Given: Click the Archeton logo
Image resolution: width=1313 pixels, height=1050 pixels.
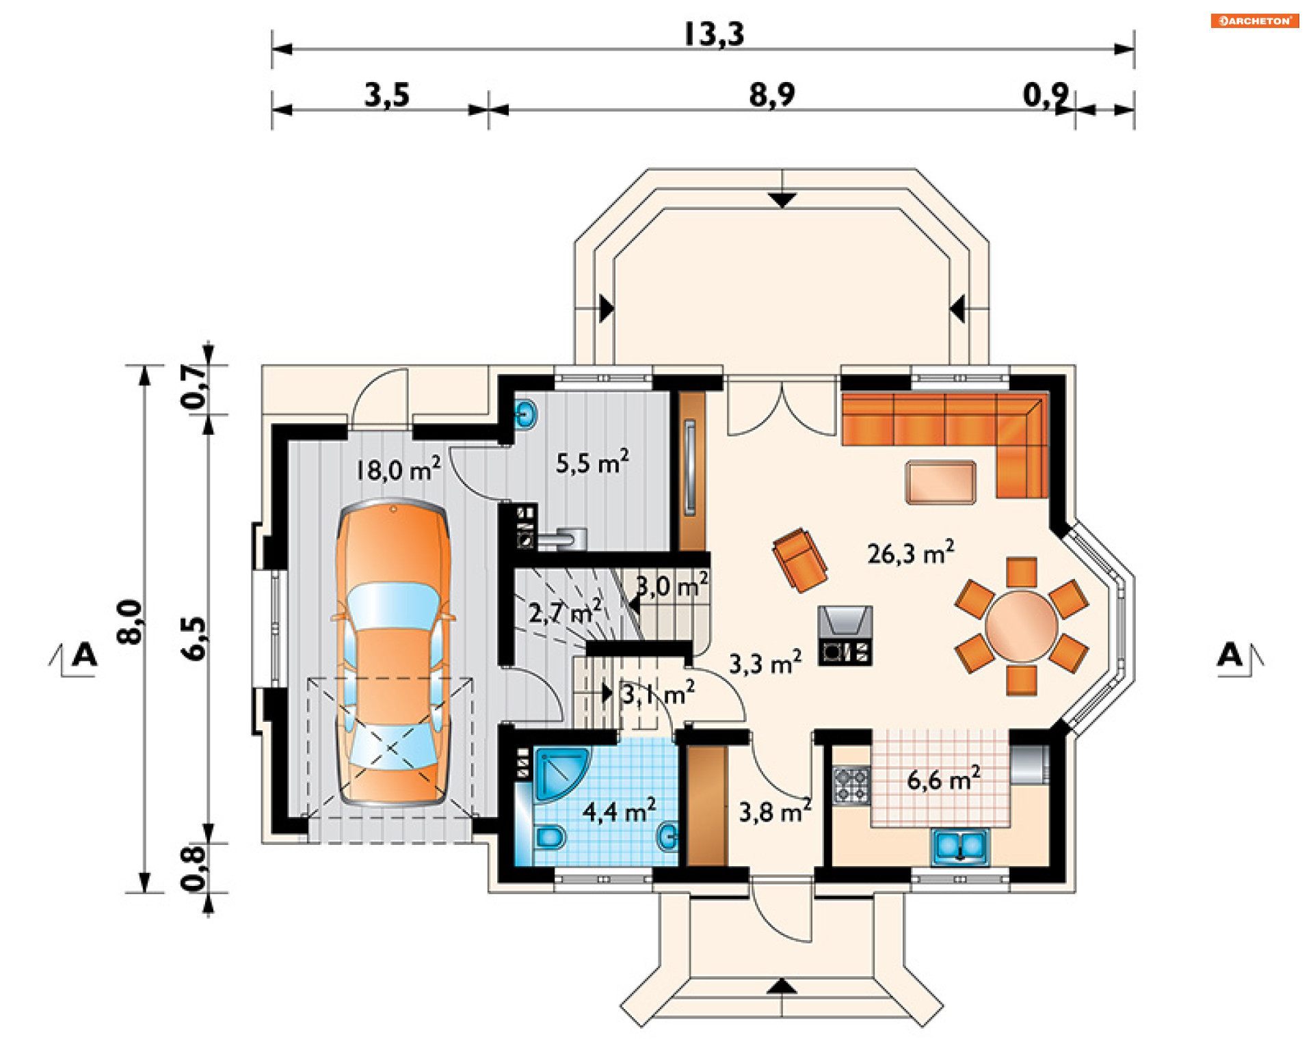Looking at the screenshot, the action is coord(1254,21).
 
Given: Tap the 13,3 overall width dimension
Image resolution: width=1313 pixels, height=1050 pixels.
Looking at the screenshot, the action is coord(714,34).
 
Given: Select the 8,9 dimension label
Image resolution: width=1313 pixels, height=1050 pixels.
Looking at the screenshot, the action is coord(772,94).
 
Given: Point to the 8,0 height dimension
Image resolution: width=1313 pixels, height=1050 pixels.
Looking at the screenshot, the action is coord(130,621).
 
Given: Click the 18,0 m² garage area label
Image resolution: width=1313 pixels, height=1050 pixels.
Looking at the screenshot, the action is coord(398,470).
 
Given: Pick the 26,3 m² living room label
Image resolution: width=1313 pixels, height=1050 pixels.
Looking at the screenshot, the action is coord(911,552).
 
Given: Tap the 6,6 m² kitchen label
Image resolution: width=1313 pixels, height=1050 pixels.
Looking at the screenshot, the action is coord(944,779).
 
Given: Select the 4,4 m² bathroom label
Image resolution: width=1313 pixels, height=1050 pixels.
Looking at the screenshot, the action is coord(619,811).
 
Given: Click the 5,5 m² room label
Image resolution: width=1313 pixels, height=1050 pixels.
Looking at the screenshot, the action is coord(592,462).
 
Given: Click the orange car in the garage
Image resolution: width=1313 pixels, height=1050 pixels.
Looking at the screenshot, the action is coord(393,652).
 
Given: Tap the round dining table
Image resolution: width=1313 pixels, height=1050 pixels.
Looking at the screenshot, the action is coord(1022,626).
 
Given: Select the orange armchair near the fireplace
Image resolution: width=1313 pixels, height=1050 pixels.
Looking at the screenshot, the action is coord(800,560).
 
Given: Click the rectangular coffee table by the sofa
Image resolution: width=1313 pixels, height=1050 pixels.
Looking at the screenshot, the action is coord(941,483).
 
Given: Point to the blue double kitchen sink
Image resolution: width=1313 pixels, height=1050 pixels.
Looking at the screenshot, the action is coord(960,847).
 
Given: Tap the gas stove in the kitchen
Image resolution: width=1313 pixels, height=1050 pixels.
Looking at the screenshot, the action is coord(851,785).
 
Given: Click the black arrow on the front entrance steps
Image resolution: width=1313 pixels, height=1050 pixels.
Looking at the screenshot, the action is coord(782,986).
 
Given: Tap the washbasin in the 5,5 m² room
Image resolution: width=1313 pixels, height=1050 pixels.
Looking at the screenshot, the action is coord(525,414).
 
